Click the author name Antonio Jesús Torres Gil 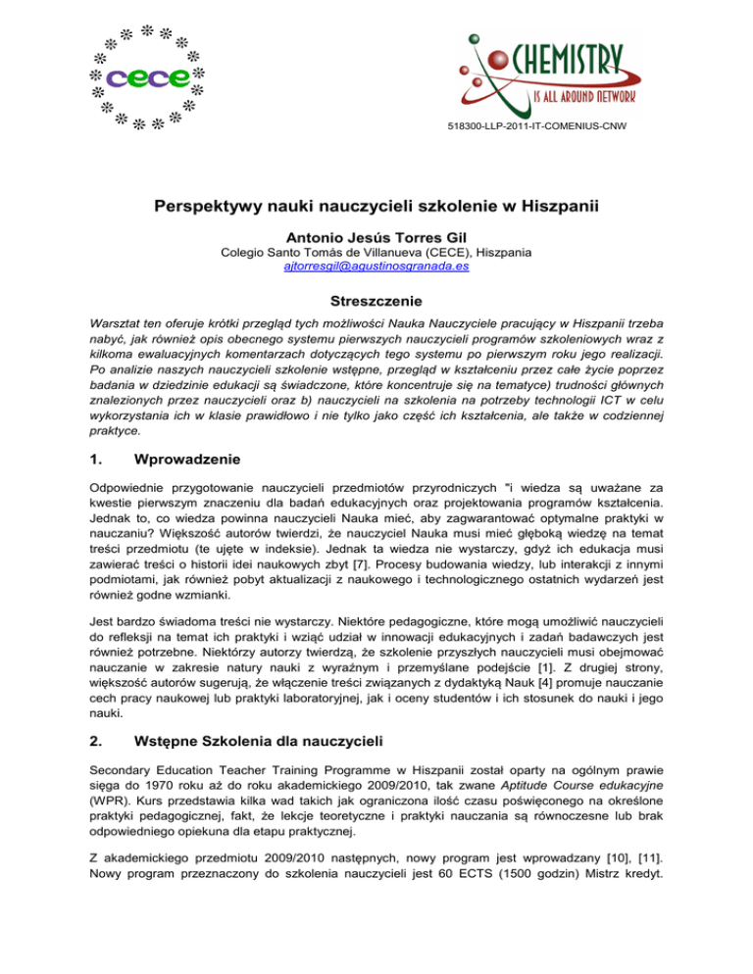tap(376, 236)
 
